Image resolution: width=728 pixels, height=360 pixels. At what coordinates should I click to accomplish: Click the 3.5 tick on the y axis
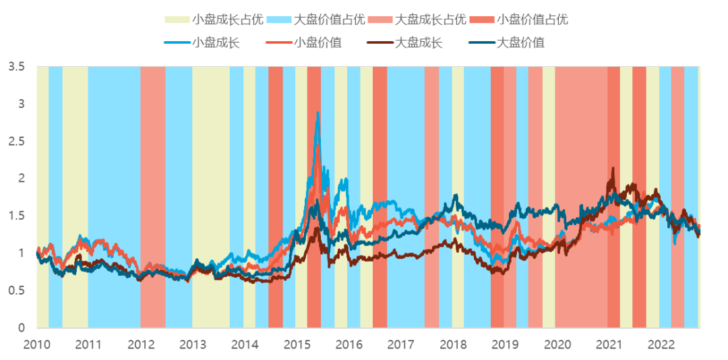point(17,67)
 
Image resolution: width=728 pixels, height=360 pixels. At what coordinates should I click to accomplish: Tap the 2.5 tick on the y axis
point(17,142)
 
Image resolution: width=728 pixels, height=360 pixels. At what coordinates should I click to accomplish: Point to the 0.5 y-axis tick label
point(17,291)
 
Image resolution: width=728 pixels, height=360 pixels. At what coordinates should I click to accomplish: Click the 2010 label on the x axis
point(36,344)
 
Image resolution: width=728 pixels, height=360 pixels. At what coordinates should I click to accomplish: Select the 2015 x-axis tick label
point(297,344)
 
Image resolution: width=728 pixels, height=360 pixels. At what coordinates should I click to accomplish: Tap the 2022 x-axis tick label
point(661,344)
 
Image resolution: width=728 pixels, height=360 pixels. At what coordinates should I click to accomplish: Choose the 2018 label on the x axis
point(452,344)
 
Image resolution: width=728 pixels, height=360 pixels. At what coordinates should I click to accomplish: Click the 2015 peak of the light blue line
point(317,113)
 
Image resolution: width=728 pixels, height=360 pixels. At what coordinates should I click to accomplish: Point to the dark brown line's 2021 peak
point(613,169)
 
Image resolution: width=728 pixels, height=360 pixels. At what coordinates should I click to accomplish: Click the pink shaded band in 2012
point(153,196)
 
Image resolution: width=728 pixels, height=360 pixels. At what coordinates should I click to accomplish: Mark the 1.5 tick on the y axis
point(17,216)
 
